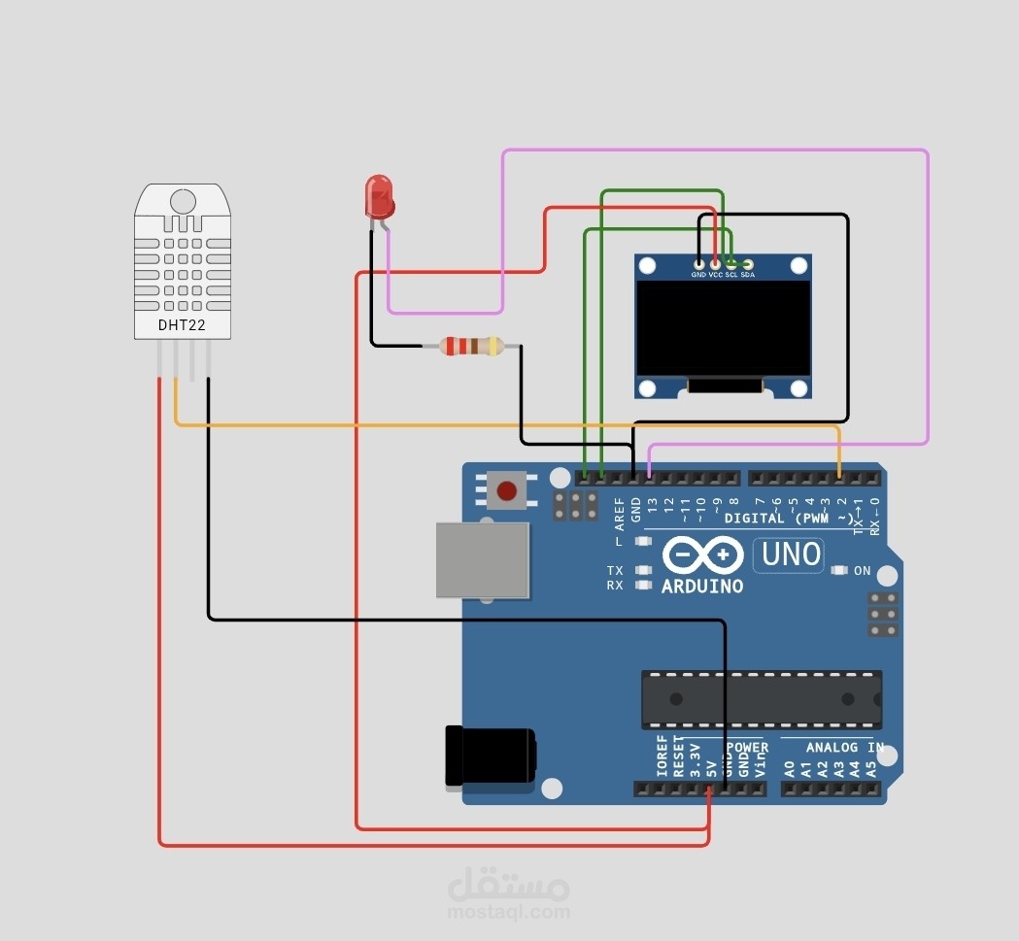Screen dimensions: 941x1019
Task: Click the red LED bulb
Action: pos(379,194)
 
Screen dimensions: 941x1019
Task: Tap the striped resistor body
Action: pos(471,345)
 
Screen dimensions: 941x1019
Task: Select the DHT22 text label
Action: pos(182,325)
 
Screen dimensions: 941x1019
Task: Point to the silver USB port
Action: pos(483,560)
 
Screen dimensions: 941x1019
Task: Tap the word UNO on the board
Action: pos(791,555)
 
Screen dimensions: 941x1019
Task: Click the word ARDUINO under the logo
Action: pos(702,587)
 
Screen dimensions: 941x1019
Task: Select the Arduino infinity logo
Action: pos(702,555)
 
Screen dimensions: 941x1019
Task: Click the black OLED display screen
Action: pos(723,328)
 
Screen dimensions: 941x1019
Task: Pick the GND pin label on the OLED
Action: pos(698,275)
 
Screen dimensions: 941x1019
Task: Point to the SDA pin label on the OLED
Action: pos(747,275)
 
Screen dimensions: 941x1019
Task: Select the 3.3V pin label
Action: pos(695,759)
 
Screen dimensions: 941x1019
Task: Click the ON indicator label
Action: pos(863,571)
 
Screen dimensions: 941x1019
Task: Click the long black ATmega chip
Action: pos(762,699)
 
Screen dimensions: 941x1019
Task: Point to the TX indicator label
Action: pos(615,570)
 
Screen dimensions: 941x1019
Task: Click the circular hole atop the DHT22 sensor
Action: pos(182,201)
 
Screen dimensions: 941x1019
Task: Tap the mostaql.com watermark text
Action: pos(508,913)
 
